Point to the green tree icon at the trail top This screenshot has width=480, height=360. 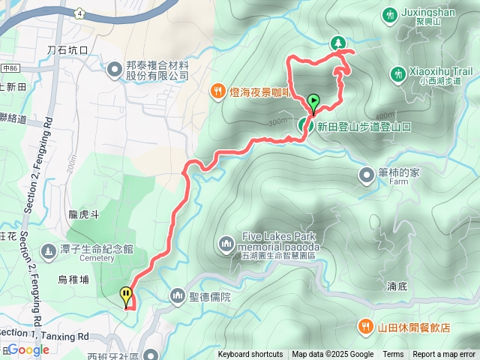pyautogui.click(x=338, y=43)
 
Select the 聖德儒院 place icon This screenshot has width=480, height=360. pyautogui.click(x=178, y=295)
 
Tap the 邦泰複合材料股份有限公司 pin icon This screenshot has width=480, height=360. pyautogui.click(x=114, y=70)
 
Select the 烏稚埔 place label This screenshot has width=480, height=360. pyautogui.click(x=73, y=279)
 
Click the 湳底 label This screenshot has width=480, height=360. pyautogui.click(x=397, y=286)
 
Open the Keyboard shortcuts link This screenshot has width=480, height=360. pyautogui.click(x=250, y=355)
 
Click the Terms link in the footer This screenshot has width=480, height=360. pyautogui.click(x=393, y=355)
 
